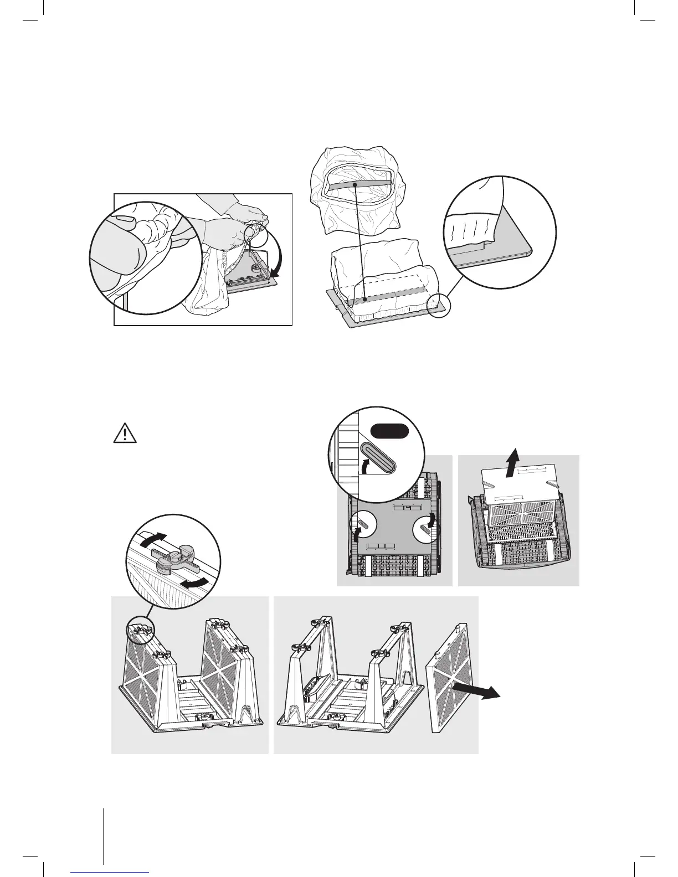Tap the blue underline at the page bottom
110,871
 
